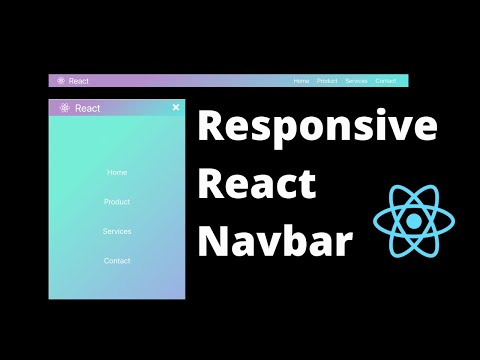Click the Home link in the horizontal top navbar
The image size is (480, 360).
(301, 81)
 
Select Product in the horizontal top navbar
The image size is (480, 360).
(327, 81)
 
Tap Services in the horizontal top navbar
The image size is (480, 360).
(356, 81)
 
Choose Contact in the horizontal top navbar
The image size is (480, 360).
(386, 81)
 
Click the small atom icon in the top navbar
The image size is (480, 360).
(61, 81)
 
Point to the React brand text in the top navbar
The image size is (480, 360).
(79, 81)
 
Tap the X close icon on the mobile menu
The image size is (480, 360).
(176, 107)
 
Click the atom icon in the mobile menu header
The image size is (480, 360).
(64, 108)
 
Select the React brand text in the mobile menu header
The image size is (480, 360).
(88, 108)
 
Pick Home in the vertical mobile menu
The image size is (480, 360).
(117, 172)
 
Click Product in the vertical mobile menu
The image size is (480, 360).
(117, 202)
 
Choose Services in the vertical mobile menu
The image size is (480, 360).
(117, 231)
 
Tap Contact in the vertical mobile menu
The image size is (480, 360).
(117, 261)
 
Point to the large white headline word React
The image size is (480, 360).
(257, 186)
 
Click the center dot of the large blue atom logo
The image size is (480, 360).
(411, 221)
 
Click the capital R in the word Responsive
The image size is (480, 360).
(211, 128)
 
